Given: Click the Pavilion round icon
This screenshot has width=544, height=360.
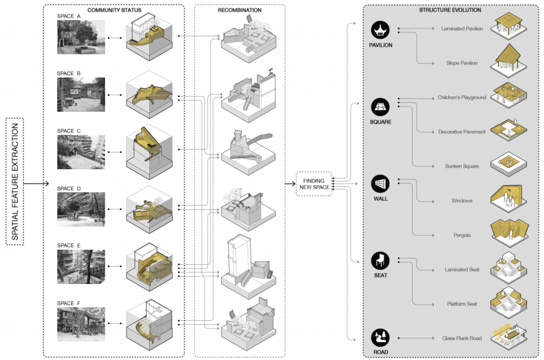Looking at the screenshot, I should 381,30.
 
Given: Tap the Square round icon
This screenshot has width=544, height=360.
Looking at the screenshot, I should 381,107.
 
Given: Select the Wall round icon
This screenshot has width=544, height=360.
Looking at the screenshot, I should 381,184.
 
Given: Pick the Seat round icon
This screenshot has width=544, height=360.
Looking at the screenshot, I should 381,261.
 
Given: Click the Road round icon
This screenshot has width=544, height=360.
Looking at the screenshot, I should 381,338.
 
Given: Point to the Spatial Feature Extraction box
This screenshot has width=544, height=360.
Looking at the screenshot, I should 15,182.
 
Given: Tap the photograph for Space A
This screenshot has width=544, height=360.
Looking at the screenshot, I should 81,37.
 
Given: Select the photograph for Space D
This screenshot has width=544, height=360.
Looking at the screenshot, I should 81,209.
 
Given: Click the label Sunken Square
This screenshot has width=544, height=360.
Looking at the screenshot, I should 462,166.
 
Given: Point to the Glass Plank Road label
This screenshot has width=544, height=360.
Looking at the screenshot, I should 462,338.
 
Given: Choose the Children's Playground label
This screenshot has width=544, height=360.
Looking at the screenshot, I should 462,97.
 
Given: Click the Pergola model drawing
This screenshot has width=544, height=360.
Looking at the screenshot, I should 508,230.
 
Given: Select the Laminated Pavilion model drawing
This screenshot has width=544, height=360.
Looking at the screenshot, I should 508,25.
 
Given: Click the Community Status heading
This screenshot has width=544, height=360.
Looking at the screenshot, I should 114,10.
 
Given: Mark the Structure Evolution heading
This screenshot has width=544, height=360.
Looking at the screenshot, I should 450,10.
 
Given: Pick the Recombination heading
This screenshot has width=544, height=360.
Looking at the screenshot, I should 239,10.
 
